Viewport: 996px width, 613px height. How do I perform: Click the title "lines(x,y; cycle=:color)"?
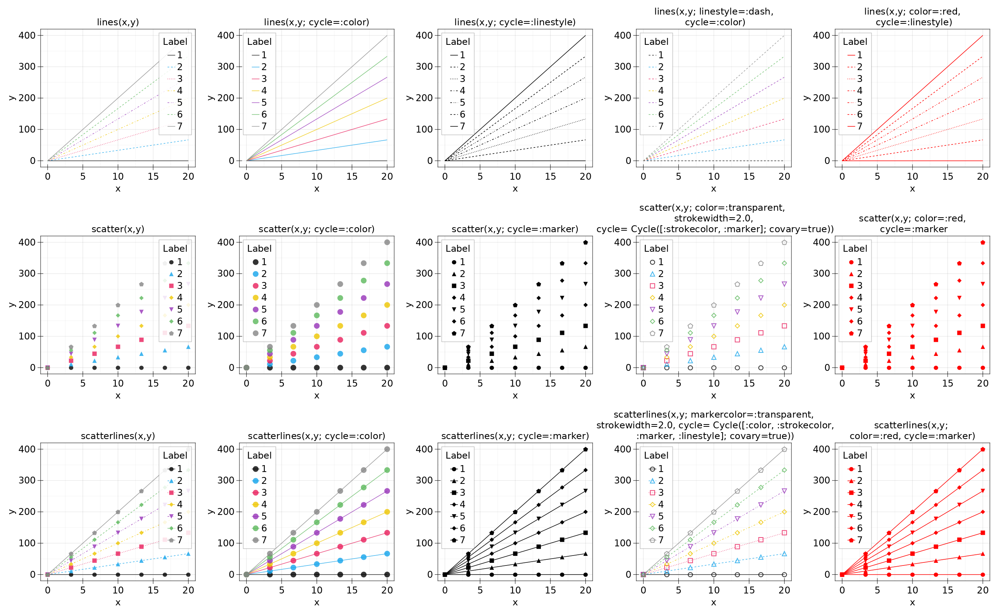[316, 22]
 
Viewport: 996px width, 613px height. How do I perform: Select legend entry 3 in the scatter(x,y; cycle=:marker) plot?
[458, 286]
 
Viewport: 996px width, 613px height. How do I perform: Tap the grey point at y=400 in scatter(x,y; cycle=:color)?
[387, 242]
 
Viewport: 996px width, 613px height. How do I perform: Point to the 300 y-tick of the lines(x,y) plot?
[27, 67]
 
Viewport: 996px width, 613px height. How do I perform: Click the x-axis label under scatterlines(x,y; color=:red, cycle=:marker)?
[912, 602]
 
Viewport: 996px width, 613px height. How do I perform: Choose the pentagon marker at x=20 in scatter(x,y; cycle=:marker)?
[585, 242]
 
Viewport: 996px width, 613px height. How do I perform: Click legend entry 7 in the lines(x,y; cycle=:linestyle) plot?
[458, 126]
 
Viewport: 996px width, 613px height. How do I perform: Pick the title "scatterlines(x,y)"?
[118, 436]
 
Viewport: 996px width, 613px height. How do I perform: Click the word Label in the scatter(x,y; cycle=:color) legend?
[259, 249]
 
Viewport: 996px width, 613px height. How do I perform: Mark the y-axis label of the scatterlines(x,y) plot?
[12, 511]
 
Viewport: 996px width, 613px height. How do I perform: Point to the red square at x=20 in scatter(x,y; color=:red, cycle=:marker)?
[983, 326]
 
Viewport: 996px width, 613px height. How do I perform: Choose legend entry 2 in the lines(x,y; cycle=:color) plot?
[259, 67]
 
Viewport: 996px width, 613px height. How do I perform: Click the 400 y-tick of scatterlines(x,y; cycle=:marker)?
[424, 449]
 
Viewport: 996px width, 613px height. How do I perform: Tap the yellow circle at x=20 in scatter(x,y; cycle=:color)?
[387, 305]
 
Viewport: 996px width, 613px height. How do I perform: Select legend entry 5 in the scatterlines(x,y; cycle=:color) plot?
[259, 516]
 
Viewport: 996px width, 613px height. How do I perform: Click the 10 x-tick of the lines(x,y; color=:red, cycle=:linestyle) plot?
[912, 176]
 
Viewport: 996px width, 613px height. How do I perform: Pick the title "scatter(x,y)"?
[118, 229]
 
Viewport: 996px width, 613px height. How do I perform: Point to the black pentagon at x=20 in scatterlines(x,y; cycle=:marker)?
[585, 449]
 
